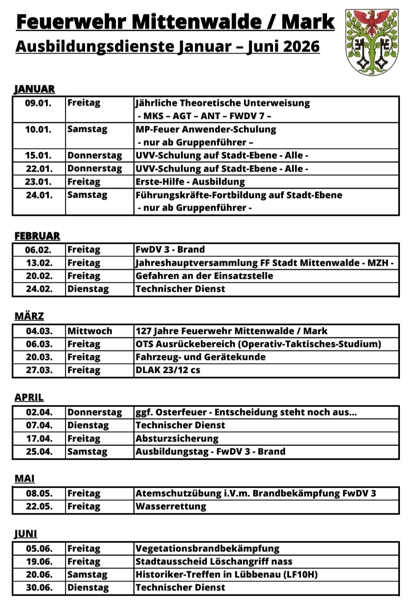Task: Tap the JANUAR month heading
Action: pos(34,89)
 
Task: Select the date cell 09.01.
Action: pos(38,103)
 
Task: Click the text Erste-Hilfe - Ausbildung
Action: pos(190,182)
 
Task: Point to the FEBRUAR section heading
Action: pos(37,236)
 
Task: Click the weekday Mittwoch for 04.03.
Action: pos(90,331)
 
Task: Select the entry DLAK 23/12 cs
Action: pos(168,370)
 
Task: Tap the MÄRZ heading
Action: pos(29,316)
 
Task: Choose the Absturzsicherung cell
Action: pos(177,439)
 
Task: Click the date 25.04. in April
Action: pos(39,452)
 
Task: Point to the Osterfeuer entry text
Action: pos(246,412)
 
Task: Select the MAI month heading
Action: pos(24,479)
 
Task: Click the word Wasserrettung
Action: pos(171,506)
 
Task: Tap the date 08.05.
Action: pos(39,493)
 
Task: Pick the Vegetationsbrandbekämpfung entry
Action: pos(207,549)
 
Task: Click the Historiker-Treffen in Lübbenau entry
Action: pos(226,575)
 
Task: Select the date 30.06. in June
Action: pos(39,588)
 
